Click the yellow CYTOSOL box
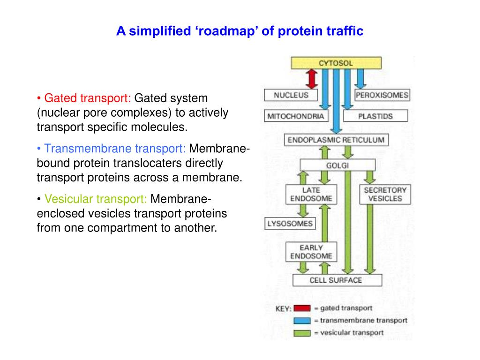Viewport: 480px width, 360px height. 336,63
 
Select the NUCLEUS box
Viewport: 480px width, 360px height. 291,95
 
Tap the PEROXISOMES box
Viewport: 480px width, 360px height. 382,95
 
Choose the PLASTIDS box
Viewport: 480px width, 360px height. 375,116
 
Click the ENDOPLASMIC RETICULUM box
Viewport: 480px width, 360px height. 336,140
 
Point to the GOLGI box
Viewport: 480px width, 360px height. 337,165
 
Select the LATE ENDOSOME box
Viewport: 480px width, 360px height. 305,194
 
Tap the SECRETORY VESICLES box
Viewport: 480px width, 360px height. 385,194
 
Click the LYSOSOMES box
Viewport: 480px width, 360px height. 289,224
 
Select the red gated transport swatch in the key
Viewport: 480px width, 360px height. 302,308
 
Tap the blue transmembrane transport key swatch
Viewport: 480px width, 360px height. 302,321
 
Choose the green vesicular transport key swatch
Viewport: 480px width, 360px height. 302,333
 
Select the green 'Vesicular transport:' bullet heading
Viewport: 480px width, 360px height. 96,199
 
